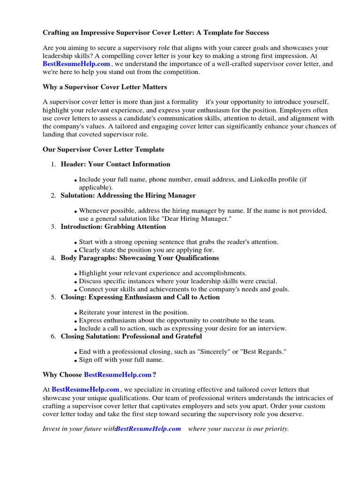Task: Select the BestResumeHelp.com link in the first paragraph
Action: coord(76,64)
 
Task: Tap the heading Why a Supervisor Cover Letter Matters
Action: coord(105,87)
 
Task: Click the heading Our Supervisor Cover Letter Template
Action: coord(103,150)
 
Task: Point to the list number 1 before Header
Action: coord(53,165)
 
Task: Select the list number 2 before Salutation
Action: coord(53,195)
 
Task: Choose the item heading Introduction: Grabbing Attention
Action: coord(113,227)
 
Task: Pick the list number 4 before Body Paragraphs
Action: coord(53,258)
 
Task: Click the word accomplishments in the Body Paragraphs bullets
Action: coord(219,273)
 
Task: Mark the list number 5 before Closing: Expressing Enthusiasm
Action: coord(53,298)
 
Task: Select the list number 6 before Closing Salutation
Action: coord(53,337)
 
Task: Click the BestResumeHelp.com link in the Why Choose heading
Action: coord(118,375)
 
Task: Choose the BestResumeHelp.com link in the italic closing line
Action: coord(148,429)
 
